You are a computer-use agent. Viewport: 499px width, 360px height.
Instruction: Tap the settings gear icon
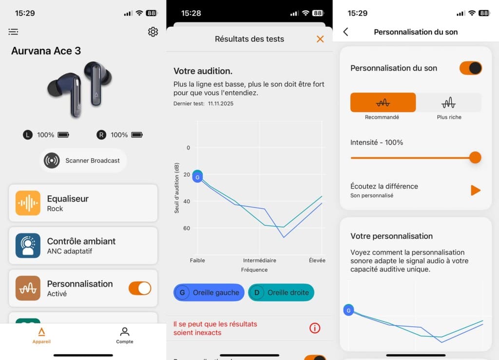[153, 32]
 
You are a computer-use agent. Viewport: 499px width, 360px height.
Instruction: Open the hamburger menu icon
[13, 32]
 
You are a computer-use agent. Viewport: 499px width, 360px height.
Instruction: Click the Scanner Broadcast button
[83, 160]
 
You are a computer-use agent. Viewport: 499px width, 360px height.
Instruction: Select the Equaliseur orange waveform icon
[28, 203]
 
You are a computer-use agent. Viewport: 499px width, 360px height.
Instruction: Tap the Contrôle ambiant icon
[28, 246]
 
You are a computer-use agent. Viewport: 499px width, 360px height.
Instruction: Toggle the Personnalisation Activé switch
[140, 288]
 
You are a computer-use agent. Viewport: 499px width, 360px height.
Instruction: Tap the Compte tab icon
[125, 332]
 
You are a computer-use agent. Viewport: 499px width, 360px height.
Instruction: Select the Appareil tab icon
[41, 332]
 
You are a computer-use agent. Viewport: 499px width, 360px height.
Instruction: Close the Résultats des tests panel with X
[320, 39]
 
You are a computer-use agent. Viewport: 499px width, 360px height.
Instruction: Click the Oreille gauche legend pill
[209, 292]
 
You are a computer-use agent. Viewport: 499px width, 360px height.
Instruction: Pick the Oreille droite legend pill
[281, 292]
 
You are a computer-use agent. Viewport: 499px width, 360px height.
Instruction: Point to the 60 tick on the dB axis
[187, 228]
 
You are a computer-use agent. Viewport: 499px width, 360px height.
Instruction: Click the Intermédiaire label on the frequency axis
[259, 261]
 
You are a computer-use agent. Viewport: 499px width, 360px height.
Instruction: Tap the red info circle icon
[315, 328]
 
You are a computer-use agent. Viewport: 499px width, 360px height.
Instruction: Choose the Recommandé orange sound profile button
[383, 103]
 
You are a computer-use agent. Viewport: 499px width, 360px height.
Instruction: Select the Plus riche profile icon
[448, 103]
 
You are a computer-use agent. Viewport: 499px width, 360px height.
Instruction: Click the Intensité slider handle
[475, 157]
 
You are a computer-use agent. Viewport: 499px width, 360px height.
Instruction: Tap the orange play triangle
[475, 190]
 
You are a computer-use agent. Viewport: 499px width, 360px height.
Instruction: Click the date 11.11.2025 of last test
[221, 104]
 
